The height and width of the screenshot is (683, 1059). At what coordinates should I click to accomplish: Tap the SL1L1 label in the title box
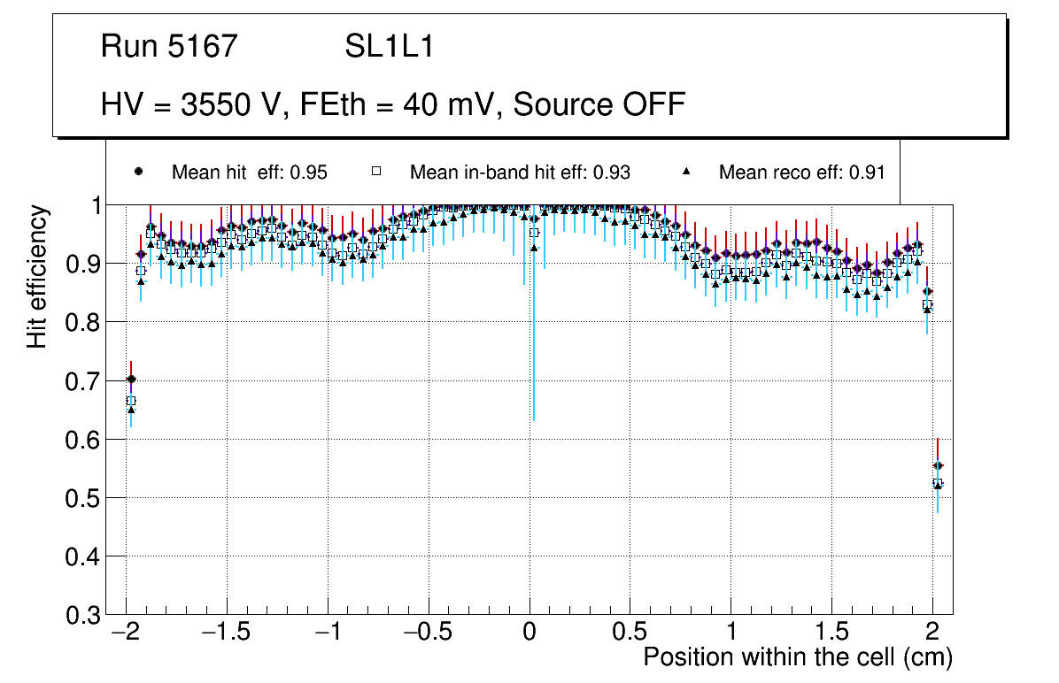[x=390, y=47]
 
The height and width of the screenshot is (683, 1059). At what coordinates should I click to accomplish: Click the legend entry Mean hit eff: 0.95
[x=249, y=172]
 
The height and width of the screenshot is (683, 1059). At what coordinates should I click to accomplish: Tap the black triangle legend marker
[x=688, y=171]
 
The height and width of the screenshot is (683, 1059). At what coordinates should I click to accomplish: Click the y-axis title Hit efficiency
[x=37, y=276]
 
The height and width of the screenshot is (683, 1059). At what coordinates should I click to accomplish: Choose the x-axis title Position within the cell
[x=797, y=657]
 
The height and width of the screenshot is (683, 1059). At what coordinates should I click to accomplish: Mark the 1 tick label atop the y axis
[x=91, y=205]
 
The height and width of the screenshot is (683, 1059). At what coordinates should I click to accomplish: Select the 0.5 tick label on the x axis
[x=630, y=633]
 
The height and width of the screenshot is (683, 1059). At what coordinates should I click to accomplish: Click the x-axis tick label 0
[x=529, y=633]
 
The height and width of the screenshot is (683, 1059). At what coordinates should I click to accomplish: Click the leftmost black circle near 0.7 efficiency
[x=131, y=379]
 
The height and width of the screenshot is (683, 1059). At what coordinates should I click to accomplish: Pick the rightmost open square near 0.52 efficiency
[x=938, y=483]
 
